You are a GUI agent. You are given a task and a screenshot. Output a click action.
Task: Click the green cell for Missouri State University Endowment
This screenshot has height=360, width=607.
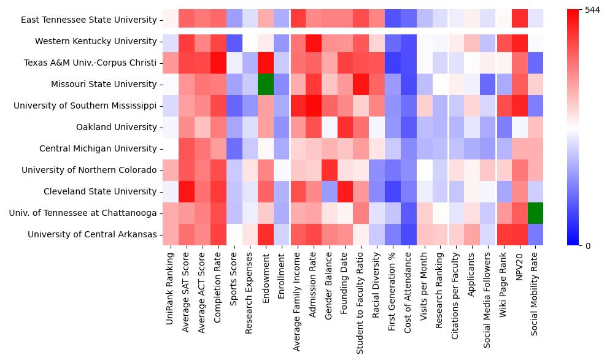pyautogui.click(x=265, y=84)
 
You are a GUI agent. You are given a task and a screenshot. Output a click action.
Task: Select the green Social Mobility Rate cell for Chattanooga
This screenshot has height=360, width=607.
pyautogui.click(x=536, y=213)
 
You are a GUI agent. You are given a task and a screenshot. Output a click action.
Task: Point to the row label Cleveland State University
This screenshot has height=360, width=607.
pyautogui.click(x=100, y=191)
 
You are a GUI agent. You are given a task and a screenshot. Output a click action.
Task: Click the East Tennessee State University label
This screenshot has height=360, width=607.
pyautogui.click(x=88, y=20)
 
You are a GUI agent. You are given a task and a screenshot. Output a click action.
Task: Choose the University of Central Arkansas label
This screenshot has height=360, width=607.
pyautogui.click(x=92, y=234)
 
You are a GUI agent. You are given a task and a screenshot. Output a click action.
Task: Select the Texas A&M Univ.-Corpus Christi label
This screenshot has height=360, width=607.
pyautogui.click(x=90, y=63)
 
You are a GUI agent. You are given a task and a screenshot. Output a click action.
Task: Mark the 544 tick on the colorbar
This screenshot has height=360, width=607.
pyautogui.click(x=592, y=10)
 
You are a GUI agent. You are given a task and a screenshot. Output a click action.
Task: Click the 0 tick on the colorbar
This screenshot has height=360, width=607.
pyautogui.click(x=589, y=246)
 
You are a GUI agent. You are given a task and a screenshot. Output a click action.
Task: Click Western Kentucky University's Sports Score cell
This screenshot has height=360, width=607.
pyautogui.click(x=233, y=41)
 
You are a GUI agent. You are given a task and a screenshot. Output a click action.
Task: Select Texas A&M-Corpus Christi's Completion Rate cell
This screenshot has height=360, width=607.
pyautogui.click(x=217, y=63)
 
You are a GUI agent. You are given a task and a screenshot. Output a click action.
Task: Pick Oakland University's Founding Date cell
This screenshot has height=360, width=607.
pyautogui.click(x=345, y=127)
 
